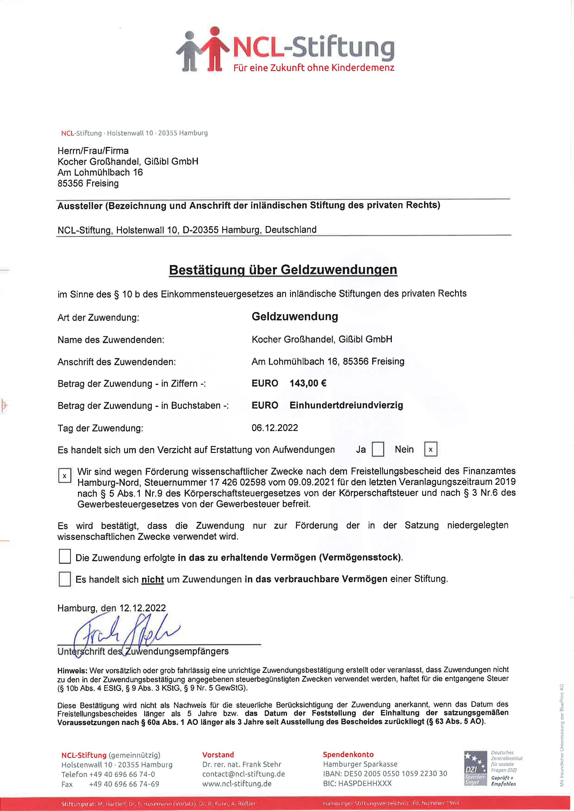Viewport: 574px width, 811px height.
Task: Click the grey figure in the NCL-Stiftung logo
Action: [190, 51]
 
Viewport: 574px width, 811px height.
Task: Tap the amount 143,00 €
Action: [308, 383]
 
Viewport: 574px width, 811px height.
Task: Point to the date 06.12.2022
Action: [275, 428]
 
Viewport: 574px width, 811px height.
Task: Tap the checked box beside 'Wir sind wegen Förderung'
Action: [65, 476]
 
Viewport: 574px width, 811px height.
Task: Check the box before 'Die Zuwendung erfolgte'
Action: [65, 556]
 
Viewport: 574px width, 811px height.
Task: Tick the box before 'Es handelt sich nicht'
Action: [65, 579]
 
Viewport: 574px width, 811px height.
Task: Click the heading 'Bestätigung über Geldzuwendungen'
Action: [283, 270]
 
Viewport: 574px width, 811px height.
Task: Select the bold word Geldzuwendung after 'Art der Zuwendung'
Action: [295, 316]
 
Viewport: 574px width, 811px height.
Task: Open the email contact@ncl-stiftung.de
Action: [243, 774]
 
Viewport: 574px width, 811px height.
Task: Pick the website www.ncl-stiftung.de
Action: [237, 783]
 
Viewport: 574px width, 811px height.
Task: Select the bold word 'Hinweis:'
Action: [72, 670]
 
